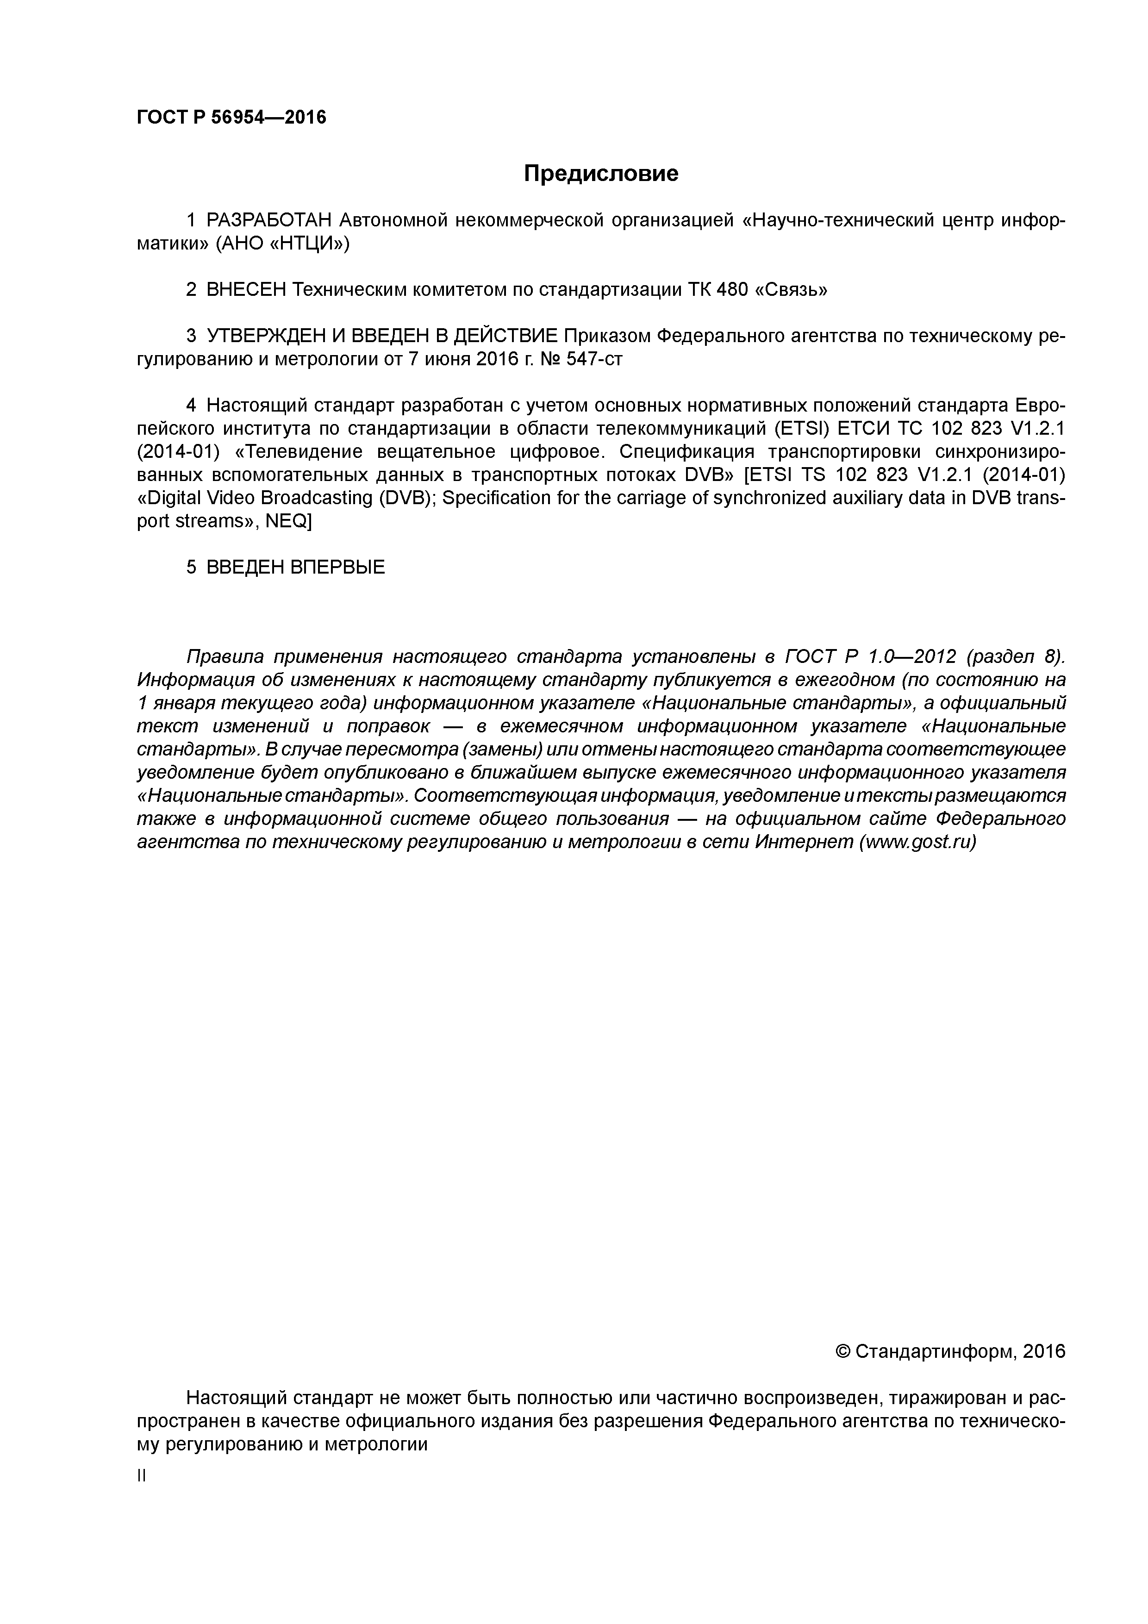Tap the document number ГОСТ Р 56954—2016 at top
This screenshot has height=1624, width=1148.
(231, 118)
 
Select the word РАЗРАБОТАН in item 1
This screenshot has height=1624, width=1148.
(269, 221)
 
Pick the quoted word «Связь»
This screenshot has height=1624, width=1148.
(792, 290)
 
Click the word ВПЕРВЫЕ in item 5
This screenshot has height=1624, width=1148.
(337, 567)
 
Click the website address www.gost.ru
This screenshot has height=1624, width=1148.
(917, 843)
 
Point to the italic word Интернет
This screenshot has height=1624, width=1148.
(804, 843)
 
